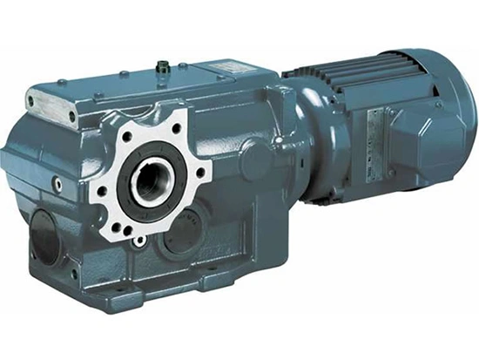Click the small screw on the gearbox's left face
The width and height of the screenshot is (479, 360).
pos(57,184)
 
